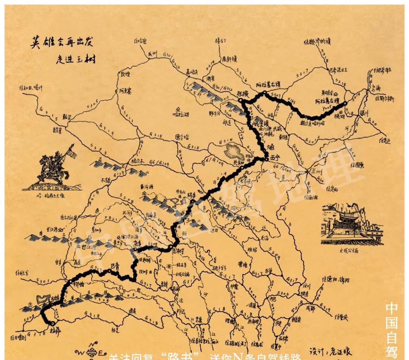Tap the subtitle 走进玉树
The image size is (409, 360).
(75, 59)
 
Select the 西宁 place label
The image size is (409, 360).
(275, 157)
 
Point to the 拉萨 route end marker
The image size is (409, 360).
(52, 323)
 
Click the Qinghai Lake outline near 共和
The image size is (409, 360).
(235, 149)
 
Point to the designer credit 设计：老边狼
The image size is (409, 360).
(330, 350)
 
